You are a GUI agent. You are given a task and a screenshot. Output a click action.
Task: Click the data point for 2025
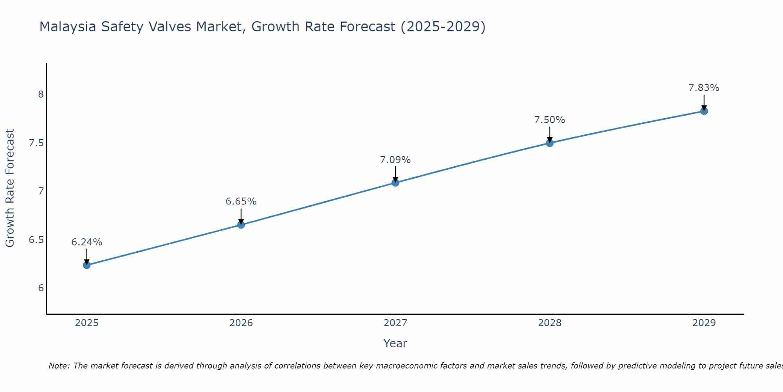coord(87,265)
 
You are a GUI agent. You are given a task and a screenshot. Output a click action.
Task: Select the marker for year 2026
coord(241,225)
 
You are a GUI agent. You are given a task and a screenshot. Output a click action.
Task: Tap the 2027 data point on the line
coord(395,183)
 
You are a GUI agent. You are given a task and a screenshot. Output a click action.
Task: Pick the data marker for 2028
coord(550,143)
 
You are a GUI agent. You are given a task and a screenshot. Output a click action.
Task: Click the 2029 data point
coord(704,111)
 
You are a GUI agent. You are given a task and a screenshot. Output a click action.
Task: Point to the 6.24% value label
coord(87,242)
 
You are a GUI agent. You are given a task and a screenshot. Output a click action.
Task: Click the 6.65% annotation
coord(241,201)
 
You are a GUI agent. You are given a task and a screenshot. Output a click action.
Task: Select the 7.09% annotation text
coord(395,160)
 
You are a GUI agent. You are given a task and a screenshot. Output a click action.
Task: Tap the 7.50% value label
coord(550,120)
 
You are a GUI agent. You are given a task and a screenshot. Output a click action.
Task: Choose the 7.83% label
coord(704,88)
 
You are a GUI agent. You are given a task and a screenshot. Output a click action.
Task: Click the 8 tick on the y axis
coord(41,94)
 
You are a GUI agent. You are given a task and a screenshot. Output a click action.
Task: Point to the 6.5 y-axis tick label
coord(36,240)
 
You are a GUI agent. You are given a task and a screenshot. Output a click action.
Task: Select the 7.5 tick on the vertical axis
coord(36,143)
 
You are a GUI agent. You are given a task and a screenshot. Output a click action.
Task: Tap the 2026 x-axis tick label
coord(241,323)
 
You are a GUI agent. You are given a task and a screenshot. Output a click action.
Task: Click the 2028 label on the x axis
coord(550,323)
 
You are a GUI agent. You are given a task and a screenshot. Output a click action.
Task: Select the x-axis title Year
coord(395,343)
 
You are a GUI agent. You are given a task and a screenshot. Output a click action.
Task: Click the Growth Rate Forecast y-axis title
coord(10,188)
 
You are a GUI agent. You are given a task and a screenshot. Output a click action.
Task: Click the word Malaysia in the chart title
coord(68,27)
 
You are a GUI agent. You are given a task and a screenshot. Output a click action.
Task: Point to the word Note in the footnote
coord(59,366)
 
